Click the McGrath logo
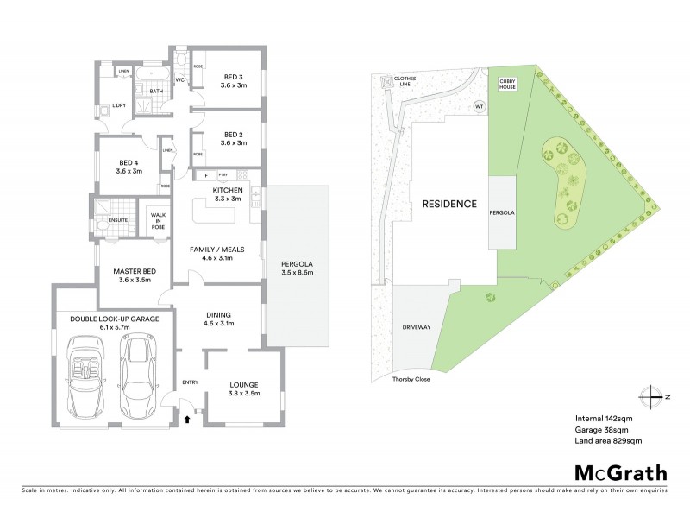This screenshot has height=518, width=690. tap(621, 472)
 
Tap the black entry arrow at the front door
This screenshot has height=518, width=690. tap(188, 420)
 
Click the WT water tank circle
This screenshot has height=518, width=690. tap(480, 106)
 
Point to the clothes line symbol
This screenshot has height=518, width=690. tap(385, 82)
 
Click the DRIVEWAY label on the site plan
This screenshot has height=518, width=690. tap(416, 329)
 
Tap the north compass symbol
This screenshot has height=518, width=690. tap(653, 396)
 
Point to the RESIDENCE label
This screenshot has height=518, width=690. tap(448, 205)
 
